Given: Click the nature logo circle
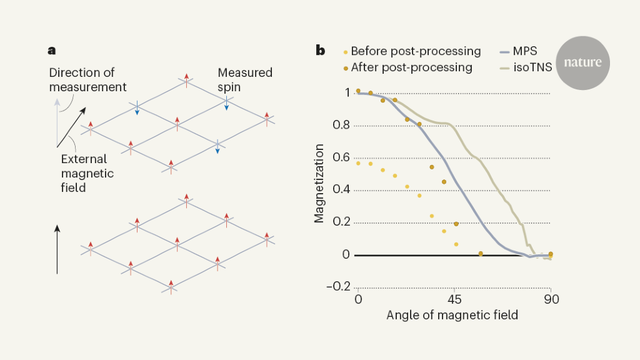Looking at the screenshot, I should tap(582, 62).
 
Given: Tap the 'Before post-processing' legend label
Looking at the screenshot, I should tap(415, 51).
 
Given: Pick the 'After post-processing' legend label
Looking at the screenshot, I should tap(411, 67).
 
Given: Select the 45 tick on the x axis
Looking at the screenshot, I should tap(454, 299).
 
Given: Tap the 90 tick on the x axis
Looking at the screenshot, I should tap(551, 299).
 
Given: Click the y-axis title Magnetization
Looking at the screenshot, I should tap(319, 184).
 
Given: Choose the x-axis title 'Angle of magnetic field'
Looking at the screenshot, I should tap(452, 316).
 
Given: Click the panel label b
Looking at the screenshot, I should tap(320, 51).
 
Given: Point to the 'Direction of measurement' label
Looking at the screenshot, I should tap(87, 79).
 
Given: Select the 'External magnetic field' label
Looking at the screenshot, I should tap(87, 172).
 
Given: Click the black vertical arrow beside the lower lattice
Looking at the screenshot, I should tap(57, 250).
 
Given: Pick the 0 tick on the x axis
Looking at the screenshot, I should tap(358, 299).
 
